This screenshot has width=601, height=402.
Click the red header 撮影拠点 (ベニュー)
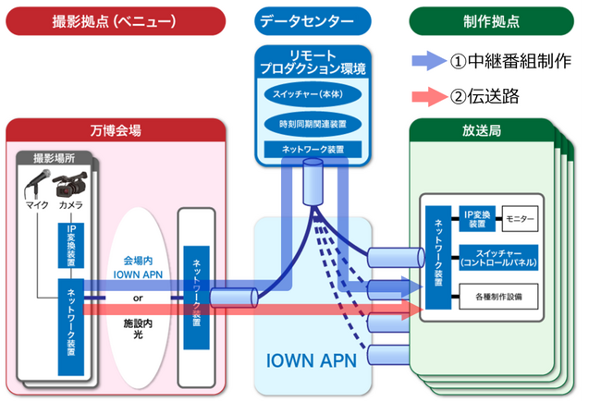[113, 18]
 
